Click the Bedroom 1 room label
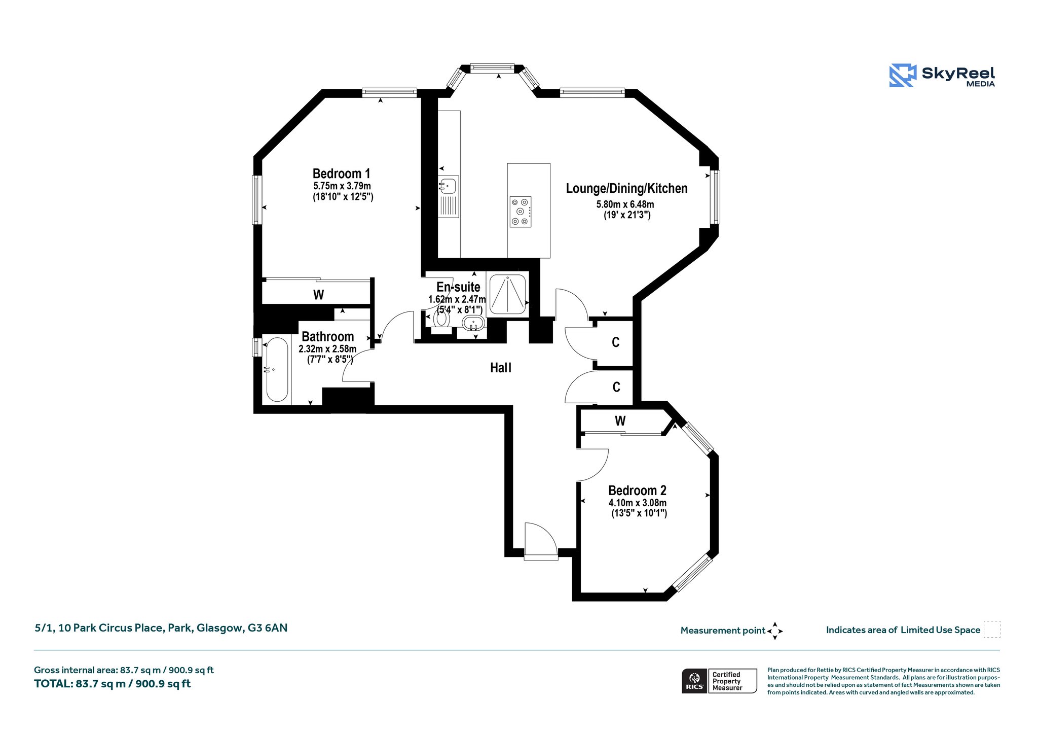pyautogui.click(x=341, y=173)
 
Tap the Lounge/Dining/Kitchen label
pyautogui.click(x=626, y=189)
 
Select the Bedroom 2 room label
pyautogui.click(x=637, y=491)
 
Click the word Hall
pyautogui.click(x=501, y=368)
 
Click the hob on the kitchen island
pyautogui.click(x=520, y=212)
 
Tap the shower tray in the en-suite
pyautogui.click(x=507, y=294)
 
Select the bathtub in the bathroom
pyautogui.click(x=277, y=370)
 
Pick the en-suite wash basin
pyautogui.click(x=474, y=323)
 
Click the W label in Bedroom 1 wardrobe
pyautogui.click(x=318, y=295)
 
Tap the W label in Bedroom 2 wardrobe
pyautogui.click(x=620, y=421)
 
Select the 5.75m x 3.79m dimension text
pyautogui.click(x=342, y=186)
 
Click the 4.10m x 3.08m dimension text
pyautogui.click(x=638, y=503)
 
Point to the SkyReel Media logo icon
pyautogui.click(x=903, y=76)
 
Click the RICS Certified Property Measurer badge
pyautogui.click(x=719, y=681)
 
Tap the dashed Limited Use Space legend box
pyautogui.click(x=992, y=630)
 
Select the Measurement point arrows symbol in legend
pyautogui.click(x=775, y=631)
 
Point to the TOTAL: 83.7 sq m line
pyautogui.click(x=113, y=684)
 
